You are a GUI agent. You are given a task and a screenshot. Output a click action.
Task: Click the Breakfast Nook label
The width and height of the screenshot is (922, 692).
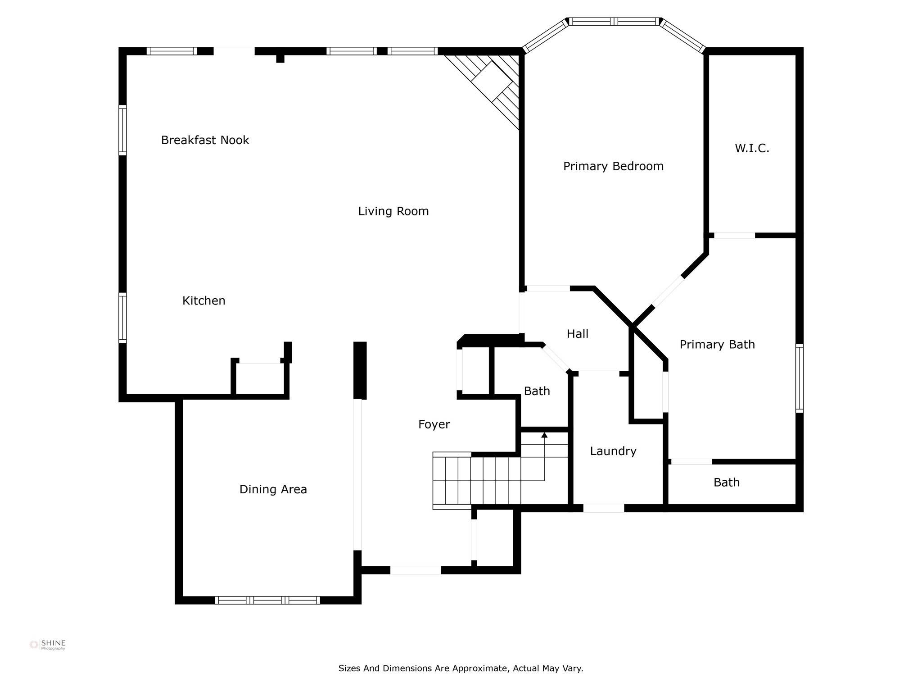[x=205, y=140]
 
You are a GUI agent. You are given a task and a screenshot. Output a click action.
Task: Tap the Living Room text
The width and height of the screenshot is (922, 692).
[x=393, y=211]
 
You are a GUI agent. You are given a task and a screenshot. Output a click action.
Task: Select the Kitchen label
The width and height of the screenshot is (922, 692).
[x=204, y=300]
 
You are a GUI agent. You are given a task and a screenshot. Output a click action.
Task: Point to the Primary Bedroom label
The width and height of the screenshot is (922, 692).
[x=613, y=166]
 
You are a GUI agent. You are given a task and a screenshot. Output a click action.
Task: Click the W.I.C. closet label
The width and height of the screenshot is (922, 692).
[x=752, y=148]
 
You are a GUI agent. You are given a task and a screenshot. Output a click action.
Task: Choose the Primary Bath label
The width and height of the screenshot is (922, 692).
[x=717, y=345]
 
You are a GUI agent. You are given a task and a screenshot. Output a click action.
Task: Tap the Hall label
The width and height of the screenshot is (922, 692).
[x=578, y=334]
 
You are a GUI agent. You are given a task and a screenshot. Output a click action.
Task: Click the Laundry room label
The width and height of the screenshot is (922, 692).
[x=613, y=451]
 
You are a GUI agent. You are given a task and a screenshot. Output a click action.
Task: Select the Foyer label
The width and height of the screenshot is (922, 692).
[x=434, y=424]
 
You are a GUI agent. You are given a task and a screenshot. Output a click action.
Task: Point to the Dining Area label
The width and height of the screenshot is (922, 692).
[x=273, y=489]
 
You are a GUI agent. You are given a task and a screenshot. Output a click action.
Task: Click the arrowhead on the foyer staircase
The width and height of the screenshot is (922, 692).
[x=544, y=435]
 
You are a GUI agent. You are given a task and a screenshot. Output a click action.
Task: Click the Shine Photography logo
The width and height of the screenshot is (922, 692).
[x=48, y=645]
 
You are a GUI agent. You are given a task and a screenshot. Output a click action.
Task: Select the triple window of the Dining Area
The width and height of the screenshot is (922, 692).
[x=267, y=600]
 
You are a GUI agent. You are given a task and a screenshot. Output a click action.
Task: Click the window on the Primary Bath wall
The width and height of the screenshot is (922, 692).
[x=800, y=378]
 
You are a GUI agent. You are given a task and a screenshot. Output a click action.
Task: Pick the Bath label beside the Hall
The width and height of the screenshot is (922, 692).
[x=537, y=391]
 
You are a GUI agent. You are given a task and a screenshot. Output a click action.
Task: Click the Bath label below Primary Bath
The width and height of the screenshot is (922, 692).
[x=727, y=483]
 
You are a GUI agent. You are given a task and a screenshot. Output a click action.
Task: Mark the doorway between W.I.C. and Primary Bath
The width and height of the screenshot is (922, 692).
[x=734, y=235]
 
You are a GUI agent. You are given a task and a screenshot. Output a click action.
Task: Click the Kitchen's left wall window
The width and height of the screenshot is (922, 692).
[x=122, y=318]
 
